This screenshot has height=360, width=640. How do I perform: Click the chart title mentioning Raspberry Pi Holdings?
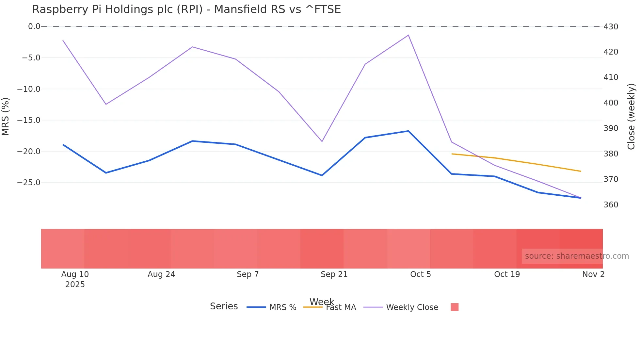pos(186,9)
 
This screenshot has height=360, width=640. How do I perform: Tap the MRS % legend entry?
pos(282,307)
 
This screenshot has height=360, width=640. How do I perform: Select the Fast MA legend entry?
pos(341,307)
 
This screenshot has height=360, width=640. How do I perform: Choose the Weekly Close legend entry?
pos(412,307)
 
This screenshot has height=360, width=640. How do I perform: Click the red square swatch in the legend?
pos(455,307)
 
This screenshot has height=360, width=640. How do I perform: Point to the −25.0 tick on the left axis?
pos(29,183)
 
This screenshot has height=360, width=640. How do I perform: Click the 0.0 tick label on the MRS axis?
pos(34,26)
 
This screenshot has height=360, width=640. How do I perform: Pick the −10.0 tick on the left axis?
pos(29,89)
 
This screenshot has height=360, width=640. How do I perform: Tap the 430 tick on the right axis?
pos(611,27)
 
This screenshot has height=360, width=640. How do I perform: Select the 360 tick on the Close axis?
pos(611,205)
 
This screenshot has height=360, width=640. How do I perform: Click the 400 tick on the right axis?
pos(611,103)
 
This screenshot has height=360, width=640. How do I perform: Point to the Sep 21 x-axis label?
pos(334,274)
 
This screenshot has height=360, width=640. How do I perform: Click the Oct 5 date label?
pos(421,274)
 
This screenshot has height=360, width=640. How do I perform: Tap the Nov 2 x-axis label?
pos(593,274)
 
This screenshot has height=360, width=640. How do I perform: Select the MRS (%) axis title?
pos(6,117)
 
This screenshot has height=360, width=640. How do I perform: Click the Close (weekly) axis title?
pos(632,117)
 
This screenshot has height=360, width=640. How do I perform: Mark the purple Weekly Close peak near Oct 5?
pos(408,35)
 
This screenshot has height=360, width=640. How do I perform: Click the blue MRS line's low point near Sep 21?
pos(322,175)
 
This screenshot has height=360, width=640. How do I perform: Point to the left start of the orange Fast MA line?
pos(452,154)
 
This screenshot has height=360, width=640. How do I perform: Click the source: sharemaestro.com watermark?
pos(577,256)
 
